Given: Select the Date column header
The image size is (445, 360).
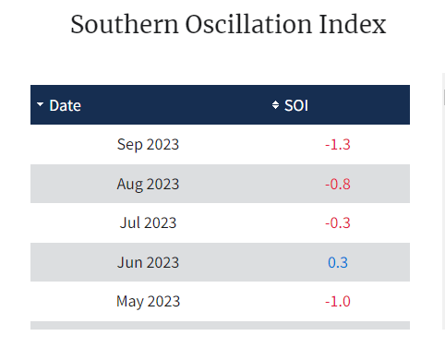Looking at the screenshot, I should tap(65, 105).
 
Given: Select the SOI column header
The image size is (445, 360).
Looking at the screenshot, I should tap(296, 105).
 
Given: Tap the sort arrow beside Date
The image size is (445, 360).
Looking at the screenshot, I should tap(40, 105).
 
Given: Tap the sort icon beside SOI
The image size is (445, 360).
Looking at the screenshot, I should tap(275, 105).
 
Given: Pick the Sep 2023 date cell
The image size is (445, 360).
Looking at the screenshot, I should tap(148, 144).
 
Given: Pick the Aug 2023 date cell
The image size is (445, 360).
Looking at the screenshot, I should tap(148, 184).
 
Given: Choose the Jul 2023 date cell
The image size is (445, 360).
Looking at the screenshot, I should tap(148, 222).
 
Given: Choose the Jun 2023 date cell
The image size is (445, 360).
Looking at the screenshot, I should tap(148, 262).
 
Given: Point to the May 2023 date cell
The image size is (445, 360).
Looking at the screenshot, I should tap(148, 301).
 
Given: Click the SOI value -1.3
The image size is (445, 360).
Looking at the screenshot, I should tap(338, 144).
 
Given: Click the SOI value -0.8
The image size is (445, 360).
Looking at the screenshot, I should tap(338, 184).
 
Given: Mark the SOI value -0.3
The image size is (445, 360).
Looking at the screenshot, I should tap(338, 222).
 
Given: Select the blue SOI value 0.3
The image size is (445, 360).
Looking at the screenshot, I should tap(338, 262).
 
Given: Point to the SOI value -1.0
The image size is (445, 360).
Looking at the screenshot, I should tap(338, 301).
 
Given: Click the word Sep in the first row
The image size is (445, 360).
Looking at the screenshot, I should tap(129, 144).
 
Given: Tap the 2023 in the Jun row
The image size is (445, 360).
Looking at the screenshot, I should tap(162, 262).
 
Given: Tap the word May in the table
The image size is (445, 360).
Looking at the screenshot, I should tap(130, 301).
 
